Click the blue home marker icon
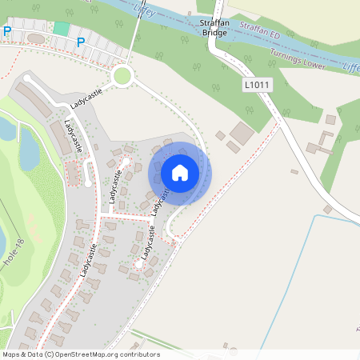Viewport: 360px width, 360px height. point(180,172)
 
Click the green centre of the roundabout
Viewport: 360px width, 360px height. point(122,76)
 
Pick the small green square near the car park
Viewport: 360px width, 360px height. point(62,28)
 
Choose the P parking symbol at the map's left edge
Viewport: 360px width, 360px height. point(7,31)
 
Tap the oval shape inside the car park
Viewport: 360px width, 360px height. point(37,38)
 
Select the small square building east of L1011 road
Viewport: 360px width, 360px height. point(330,119)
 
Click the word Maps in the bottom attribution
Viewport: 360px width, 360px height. point(12,354)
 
